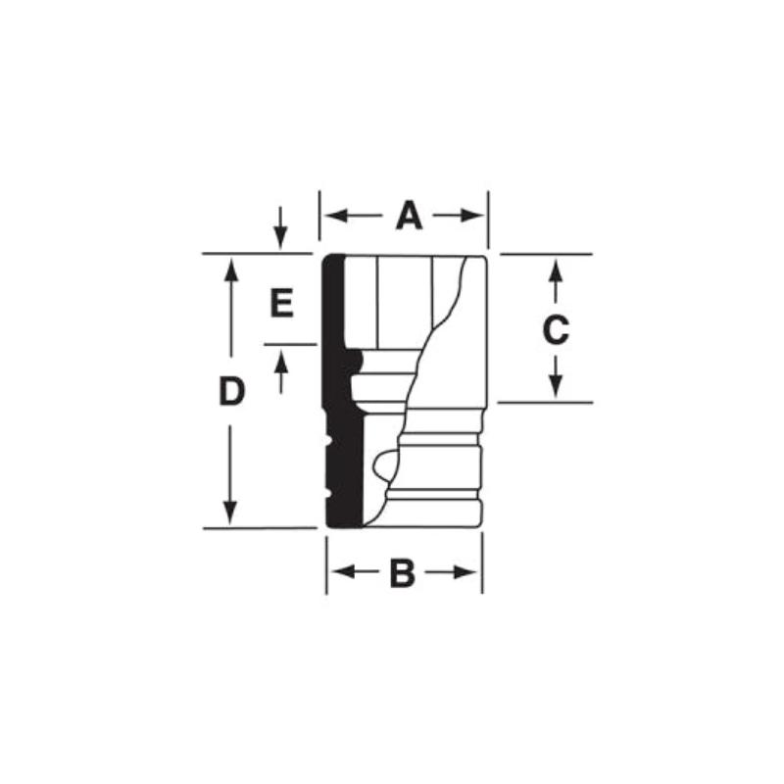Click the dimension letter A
click(x=409, y=216)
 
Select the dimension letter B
click(x=402, y=573)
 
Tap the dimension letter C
click(x=556, y=330)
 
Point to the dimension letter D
click(x=230, y=393)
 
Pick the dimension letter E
click(x=281, y=304)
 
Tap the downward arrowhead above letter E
click(x=281, y=239)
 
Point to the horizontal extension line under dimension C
click(x=544, y=402)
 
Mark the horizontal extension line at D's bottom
click(x=260, y=528)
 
